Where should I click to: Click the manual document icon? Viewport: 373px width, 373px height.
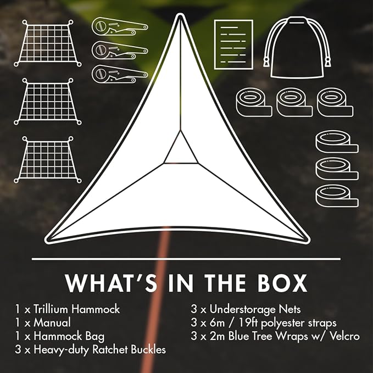click(233, 44)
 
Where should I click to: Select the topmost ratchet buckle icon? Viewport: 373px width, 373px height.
click(120, 26)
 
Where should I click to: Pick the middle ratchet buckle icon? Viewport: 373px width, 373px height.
click(120, 51)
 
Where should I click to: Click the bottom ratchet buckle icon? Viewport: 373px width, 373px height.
click(120, 74)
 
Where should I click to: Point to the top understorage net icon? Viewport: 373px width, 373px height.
click(48, 43)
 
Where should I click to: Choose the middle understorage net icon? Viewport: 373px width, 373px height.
click(48, 102)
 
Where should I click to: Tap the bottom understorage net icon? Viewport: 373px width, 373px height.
click(48, 160)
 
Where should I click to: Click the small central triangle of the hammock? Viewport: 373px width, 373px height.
click(181, 152)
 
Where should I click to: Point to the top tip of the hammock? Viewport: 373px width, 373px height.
click(180, 15)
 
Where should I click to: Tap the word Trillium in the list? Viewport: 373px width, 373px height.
click(51, 309)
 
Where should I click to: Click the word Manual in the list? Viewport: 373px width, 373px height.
click(52, 322)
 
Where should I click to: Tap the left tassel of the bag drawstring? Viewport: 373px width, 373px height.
click(266, 62)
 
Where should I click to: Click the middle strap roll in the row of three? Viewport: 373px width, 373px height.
click(294, 102)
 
